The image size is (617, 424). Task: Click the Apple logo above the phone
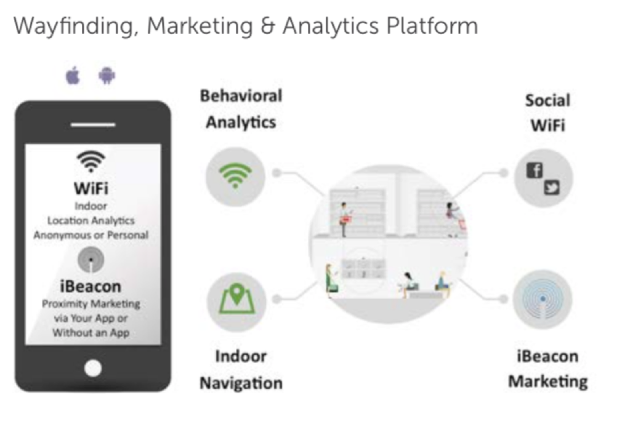(x=73, y=76)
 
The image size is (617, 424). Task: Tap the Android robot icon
(x=107, y=76)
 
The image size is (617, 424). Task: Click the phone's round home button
(x=93, y=368)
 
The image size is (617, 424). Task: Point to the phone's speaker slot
(x=93, y=125)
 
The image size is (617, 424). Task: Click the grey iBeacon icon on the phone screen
(x=91, y=260)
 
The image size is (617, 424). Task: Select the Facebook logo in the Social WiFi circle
(x=534, y=170)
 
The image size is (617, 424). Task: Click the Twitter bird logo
(x=552, y=187)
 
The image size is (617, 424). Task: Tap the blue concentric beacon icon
(x=542, y=299)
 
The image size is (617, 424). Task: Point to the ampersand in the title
(x=267, y=26)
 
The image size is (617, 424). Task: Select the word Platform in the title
(x=432, y=26)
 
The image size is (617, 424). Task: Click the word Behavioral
(x=241, y=95)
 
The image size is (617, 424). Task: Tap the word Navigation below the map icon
(x=241, y=383)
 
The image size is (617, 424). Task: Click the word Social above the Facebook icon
(x=548, y=100)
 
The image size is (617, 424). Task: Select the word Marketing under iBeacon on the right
(x=548, y=381)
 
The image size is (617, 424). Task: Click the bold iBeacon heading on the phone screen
(x=91, y=286)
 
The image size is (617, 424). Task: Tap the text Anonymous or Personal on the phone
(x=91, y=235)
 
